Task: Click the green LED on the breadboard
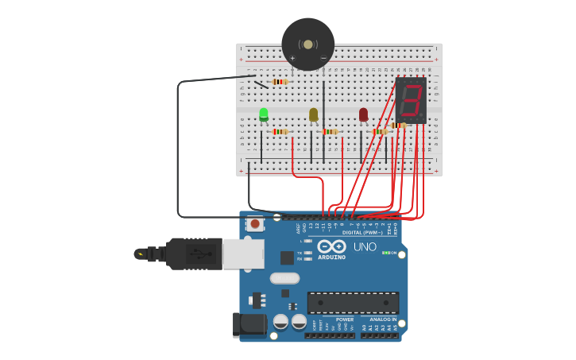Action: tap(264, 114)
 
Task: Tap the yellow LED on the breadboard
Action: tap(313, 114)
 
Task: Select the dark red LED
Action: tap(363, 114)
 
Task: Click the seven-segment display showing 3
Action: tap(411, 100)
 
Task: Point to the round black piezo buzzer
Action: tap(307, 45)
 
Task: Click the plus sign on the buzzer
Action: tap(292, 58)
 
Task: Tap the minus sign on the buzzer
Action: tap(323, 58)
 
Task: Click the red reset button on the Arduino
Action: tap(255, 224)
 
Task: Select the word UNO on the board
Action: tap(365, 247)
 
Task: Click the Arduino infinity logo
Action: tap(331, 246)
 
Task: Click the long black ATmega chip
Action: tap(353, 303)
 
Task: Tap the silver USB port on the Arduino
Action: tap(242, 254)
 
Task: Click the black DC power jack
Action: tap(249, 326)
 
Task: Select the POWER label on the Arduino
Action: tap(344, 319)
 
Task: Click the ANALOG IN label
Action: tap(383, 319)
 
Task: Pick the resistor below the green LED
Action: tap(280, 132)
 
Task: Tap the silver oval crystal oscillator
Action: tap(284, 278)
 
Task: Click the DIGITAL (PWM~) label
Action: tap(362, 232)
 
